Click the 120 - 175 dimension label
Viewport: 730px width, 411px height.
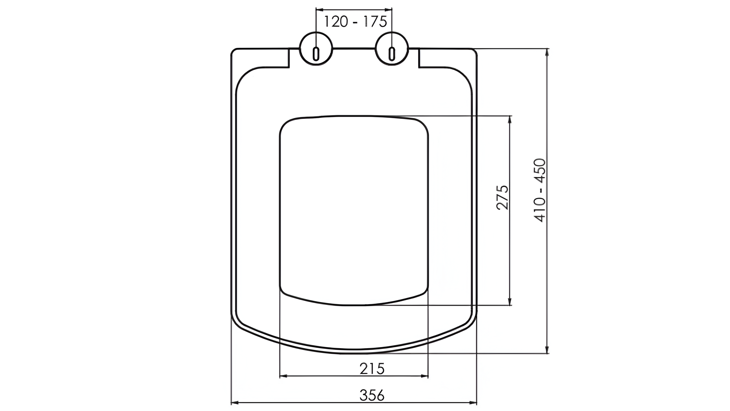355,22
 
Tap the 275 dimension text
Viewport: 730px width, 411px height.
502,198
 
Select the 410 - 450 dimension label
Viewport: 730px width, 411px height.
540,190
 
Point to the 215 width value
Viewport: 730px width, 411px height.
372,368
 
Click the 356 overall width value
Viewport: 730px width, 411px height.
372,395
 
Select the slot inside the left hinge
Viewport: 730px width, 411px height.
316,54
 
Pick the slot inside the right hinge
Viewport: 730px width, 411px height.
392,54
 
